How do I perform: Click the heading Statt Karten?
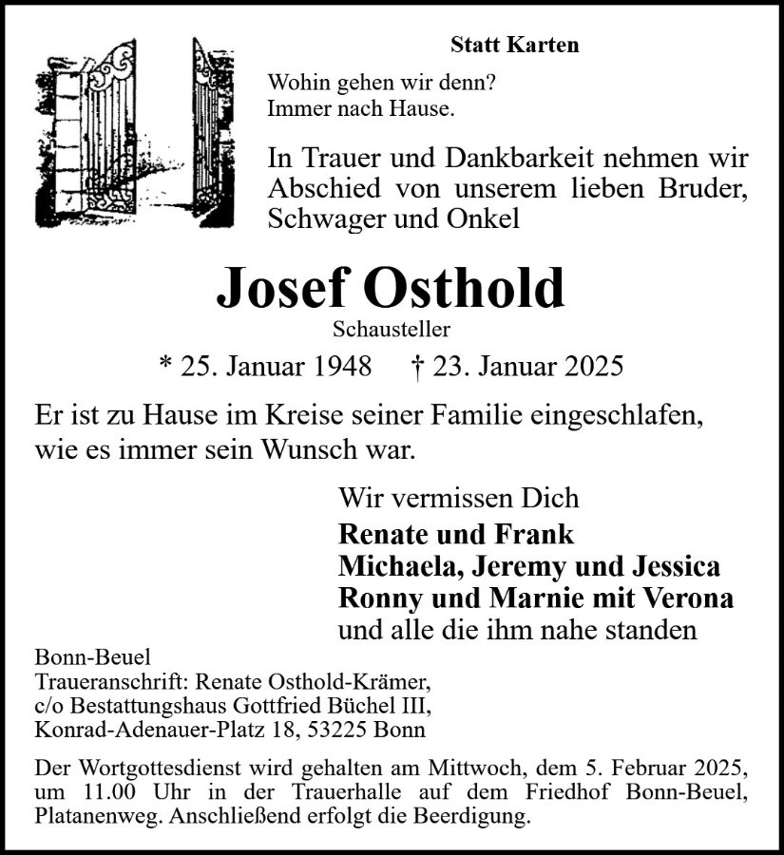point(514,45)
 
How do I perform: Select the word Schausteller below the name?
point(392,330)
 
